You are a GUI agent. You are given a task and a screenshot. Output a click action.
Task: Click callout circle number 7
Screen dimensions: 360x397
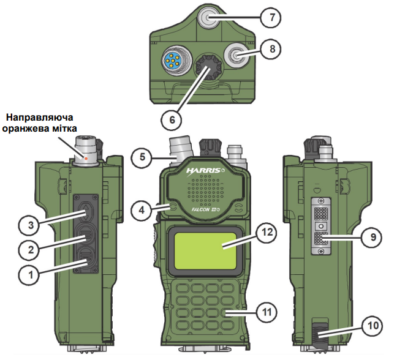(x=270, y=17)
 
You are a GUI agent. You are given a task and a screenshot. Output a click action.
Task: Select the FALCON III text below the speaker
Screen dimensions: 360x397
(x=206, y=210)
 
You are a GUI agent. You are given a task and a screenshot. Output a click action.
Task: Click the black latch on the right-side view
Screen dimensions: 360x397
(x=322, y=337)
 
